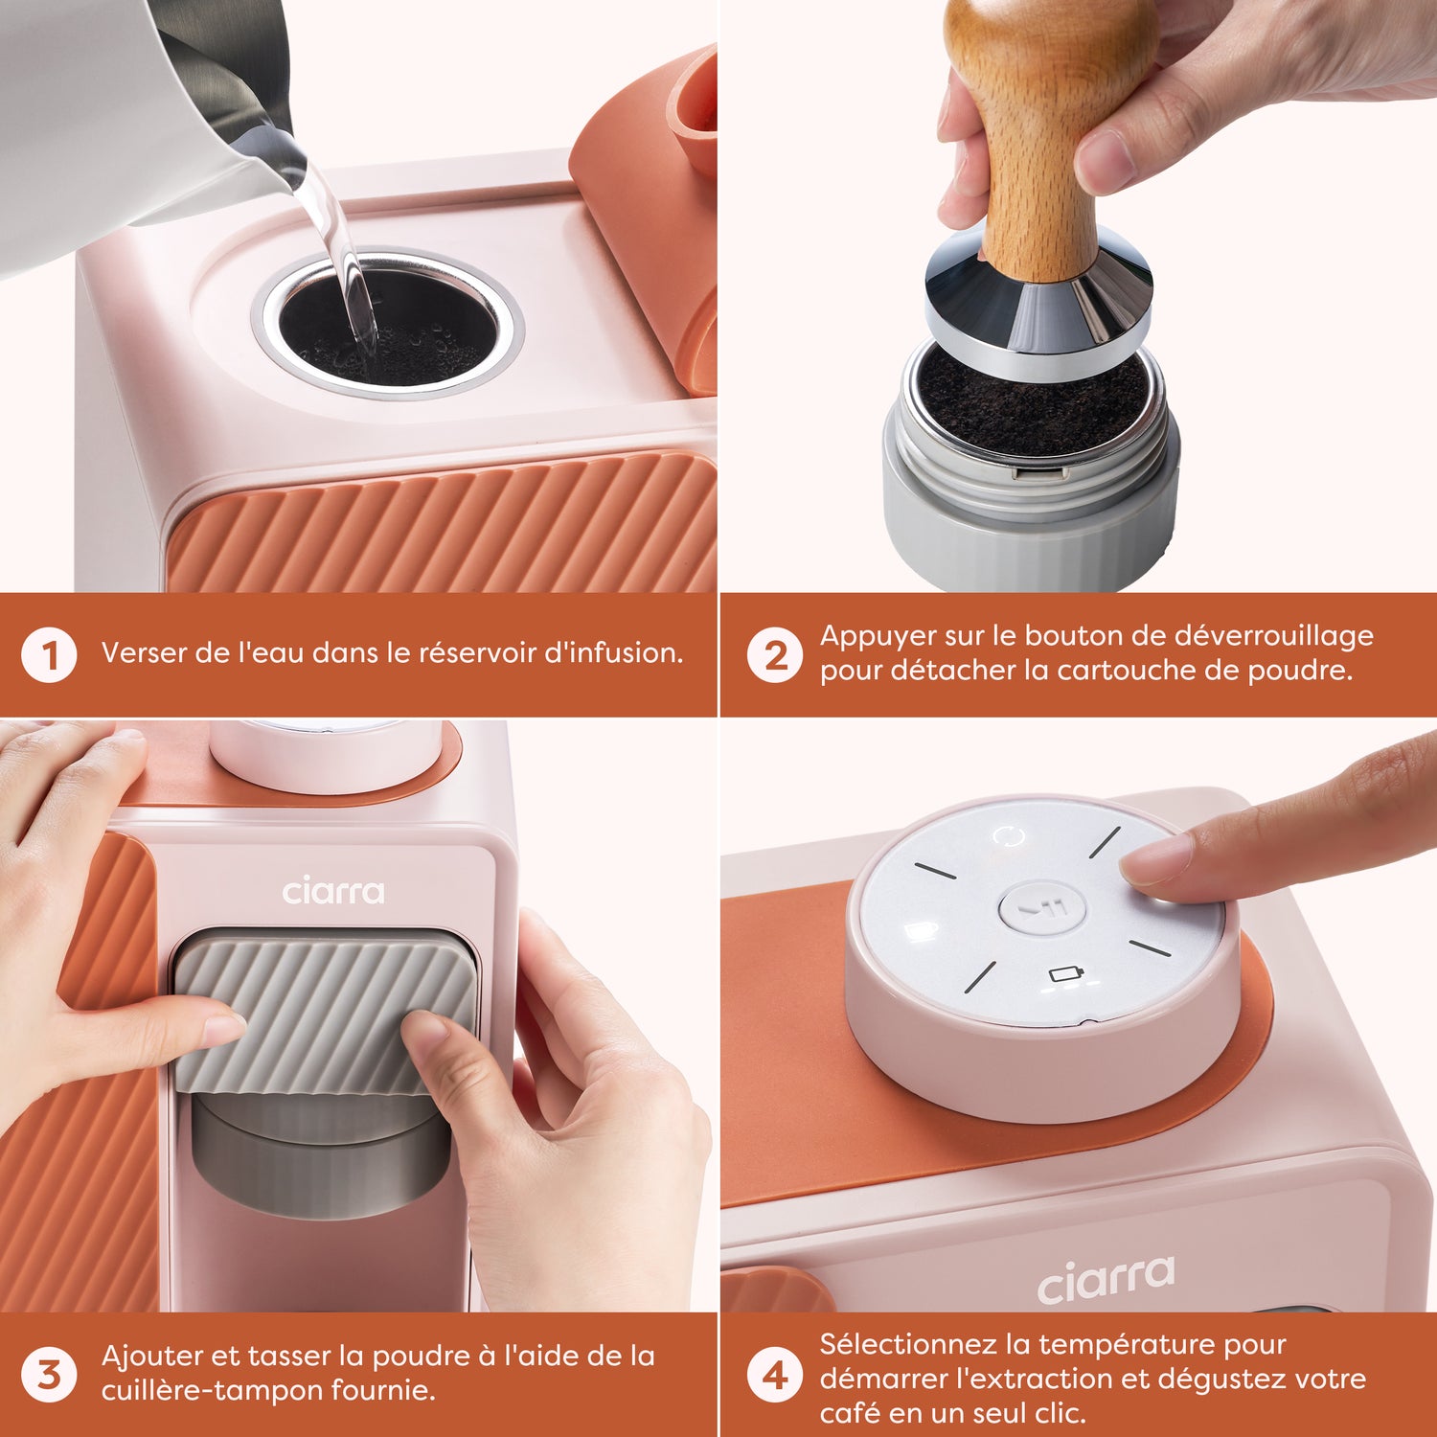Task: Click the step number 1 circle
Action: [x=49, y=656]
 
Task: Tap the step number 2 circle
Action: [x=774, y=656]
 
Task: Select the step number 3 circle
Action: [x=49, y=1375]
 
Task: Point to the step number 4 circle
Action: [x=774, y=1377]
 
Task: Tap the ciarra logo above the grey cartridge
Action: [x=333, y=892]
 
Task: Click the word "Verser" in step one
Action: [x=144, y=653]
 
